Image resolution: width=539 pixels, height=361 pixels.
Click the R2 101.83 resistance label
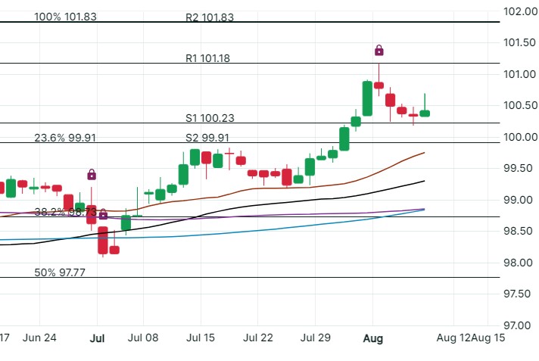pyautogui.click(x=216, y=17)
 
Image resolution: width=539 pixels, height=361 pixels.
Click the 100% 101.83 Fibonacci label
pyautogui.click(x=66, y=17)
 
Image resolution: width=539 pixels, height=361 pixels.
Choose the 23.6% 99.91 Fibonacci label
pyautogui.click(x=66, y=138)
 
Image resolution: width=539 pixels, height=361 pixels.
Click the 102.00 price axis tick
pyautogui.click(x=521, y=11)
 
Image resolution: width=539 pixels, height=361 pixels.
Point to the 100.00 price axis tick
pyautogui.click(x=521, y=137)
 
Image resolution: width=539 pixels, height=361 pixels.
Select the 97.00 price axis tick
pyautogui.click(x=521, y=325)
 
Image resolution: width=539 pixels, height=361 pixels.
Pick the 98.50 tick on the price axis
pyautogui.click(x=521, y=231)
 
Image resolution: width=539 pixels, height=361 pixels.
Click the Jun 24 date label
pyautogui.click(x=40, y=338)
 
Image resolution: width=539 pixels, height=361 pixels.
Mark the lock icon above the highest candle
pyautogui.click(x=379, y=51)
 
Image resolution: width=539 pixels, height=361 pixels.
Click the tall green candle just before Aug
pyautogui.click(x=367, y=98)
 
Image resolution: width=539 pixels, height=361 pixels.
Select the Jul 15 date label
pyautogui.click(x=202, y=338)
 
